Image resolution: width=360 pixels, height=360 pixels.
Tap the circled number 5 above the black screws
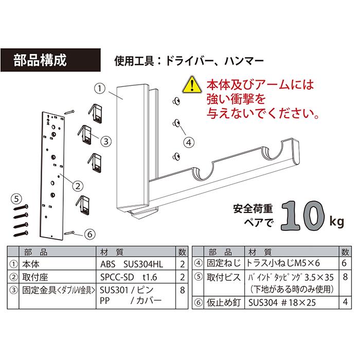click(16, 197)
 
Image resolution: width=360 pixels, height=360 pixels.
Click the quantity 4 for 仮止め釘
click(344, 303)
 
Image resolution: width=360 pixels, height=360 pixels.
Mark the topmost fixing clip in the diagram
click(96, 112)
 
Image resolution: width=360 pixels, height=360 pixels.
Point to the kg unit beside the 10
click(336, 222)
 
